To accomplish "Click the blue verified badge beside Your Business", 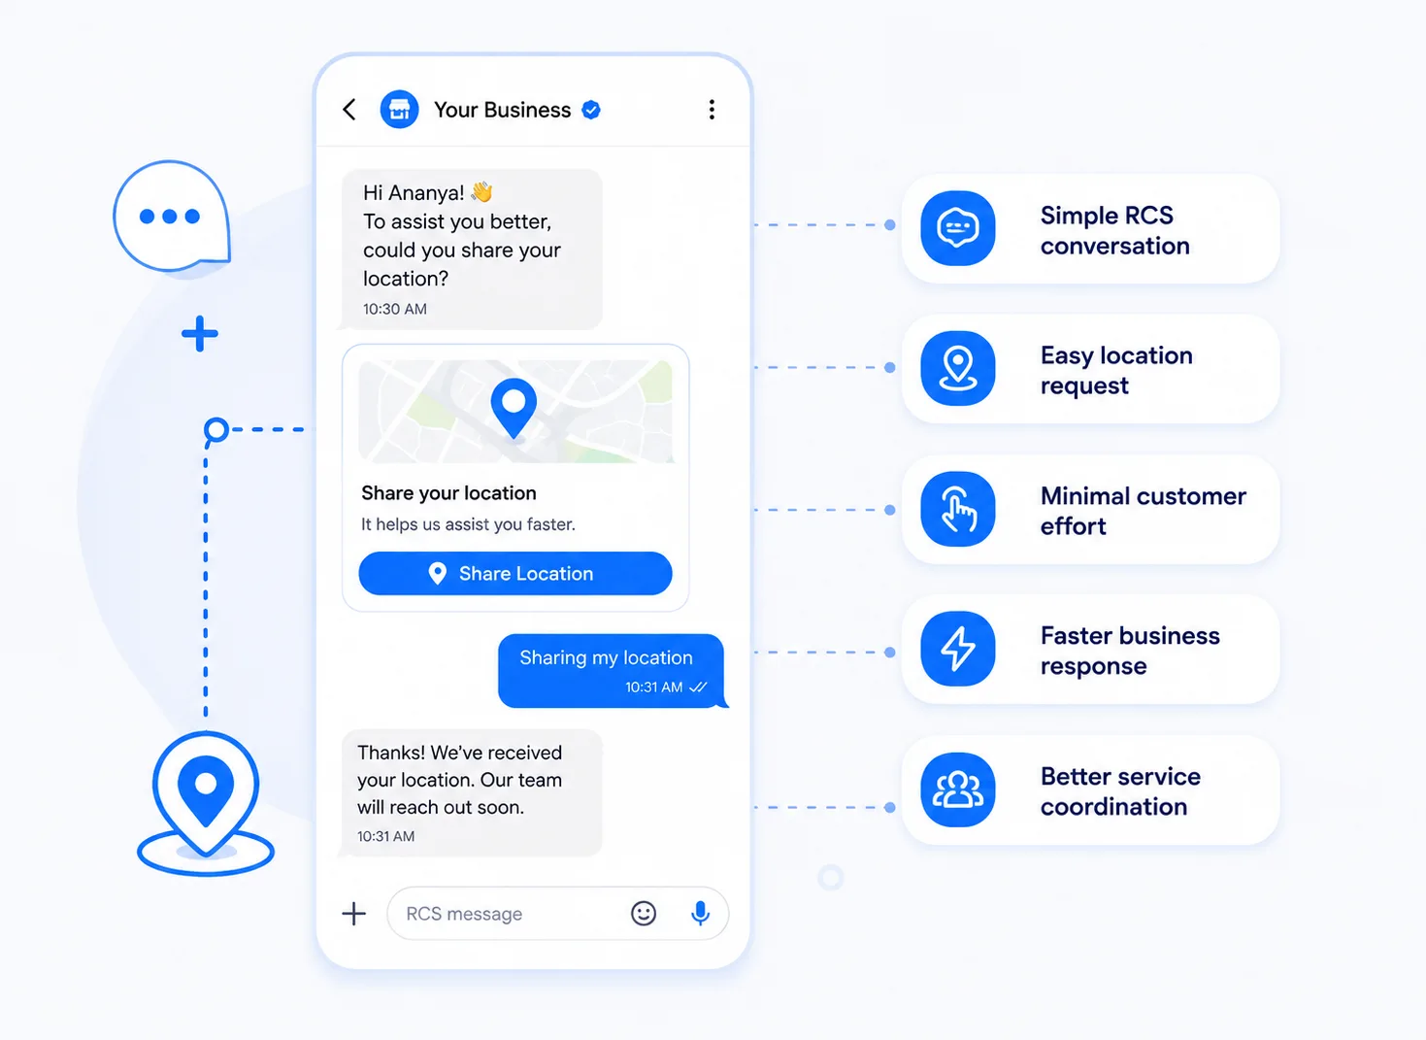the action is point(591,110).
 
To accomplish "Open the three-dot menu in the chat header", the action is point(712,110).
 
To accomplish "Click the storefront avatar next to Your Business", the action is point(399,110).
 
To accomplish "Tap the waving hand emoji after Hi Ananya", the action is point(481,191).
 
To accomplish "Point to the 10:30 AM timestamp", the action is point(395,309).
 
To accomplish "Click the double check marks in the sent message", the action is point(698,687).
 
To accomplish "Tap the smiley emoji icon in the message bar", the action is point(644,913).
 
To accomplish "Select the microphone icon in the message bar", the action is point(700,913).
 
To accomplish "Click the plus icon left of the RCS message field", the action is point(354,913).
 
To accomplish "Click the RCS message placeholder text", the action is point(464,914).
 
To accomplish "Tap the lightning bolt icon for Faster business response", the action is point(957,649).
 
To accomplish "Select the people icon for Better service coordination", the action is point(957,789).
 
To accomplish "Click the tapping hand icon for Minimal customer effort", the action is point(957,509).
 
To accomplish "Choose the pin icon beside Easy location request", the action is point(957,368).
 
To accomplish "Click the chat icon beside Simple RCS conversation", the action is point(957,228).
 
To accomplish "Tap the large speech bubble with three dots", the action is point(172,216).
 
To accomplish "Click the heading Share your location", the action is point(448,493).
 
